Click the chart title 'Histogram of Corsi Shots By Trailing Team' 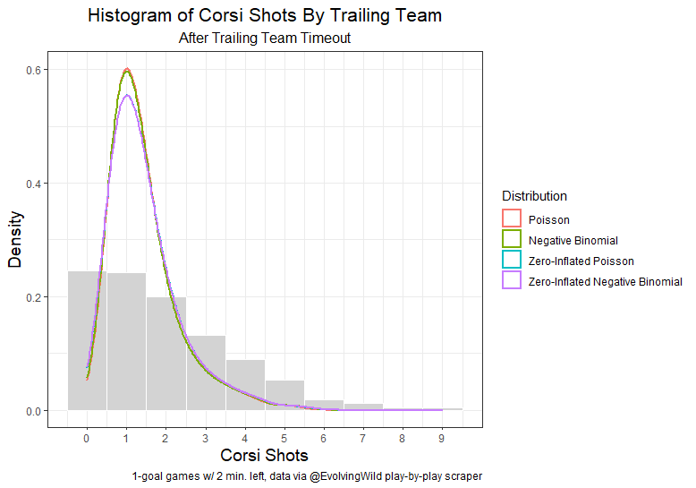pos(265,16)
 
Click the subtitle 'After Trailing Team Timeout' pos(265,39)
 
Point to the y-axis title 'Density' pos(15,240)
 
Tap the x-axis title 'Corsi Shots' pos(264,456)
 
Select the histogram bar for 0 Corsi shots pos(87,340)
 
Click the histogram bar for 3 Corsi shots pos(206,372)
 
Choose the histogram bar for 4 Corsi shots pos(245,385)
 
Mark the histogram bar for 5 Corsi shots pos(284,395)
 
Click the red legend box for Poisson pos(512,219)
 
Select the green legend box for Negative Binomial pos(512,240)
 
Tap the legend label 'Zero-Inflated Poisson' pos(581,261)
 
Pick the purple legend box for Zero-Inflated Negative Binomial pos(512,281)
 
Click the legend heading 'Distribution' pos(534,196)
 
